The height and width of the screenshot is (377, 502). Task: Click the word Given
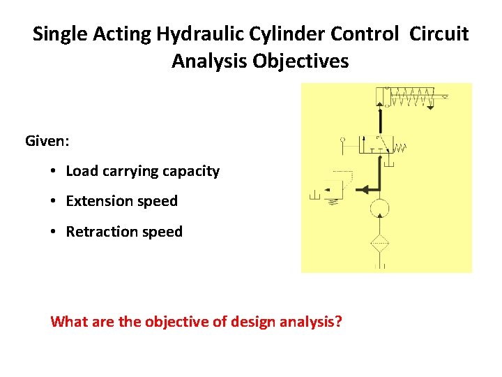pyautogui.click(x=47, y=141)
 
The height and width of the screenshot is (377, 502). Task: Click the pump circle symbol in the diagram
pyautogui.click(x=379, y=207)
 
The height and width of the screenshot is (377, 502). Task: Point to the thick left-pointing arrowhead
pyautogui.click(x=364, y=188)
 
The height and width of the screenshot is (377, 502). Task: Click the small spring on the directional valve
pyautogui.click(x=401, y=147)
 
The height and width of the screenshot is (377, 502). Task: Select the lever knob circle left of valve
pyautogui.click(x=342, y=140)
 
